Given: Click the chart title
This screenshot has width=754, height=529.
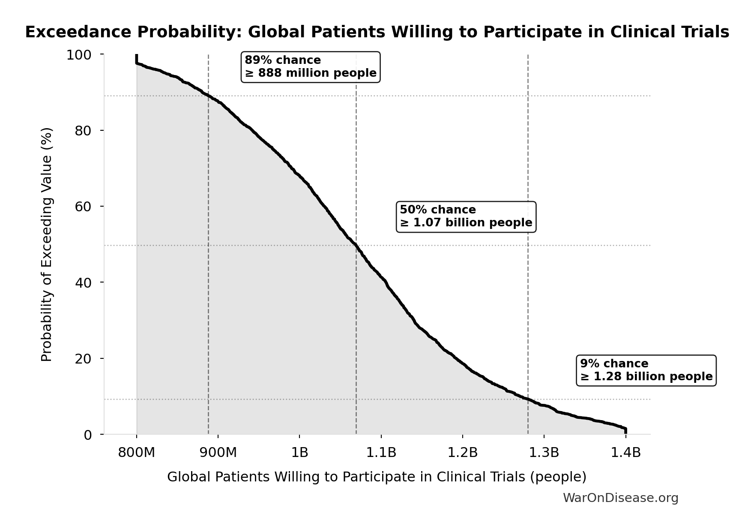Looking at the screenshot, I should pos(377,33).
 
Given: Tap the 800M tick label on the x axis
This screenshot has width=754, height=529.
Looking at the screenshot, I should pos(136,452).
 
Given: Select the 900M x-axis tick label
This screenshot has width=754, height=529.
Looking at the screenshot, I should pos(218,452).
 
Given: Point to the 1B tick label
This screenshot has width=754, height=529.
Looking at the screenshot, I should pos(299,452).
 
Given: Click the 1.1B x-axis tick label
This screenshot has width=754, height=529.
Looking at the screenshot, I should pos(381,452).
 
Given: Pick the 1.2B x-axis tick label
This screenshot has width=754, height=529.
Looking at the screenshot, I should pos(462,452).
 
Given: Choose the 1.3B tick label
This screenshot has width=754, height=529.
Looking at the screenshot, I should pos(544,452).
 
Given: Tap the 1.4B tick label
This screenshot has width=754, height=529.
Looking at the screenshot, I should pos(625,452).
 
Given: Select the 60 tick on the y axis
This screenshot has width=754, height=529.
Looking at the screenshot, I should pos(84,207).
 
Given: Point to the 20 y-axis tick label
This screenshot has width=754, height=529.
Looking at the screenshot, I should pos(84,358).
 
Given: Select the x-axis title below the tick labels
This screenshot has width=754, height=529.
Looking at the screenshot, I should pos(377,477).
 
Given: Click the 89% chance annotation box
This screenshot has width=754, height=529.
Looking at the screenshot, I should pos(311,67).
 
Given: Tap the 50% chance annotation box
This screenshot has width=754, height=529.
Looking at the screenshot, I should pos(466,216).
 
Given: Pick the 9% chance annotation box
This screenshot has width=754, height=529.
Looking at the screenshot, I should pos(646,370).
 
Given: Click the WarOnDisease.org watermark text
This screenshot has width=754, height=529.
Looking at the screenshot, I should pos(620,498).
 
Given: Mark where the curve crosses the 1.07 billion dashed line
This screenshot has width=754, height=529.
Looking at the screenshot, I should pos(356,246).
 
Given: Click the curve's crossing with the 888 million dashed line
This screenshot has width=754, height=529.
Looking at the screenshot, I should pos(208,96).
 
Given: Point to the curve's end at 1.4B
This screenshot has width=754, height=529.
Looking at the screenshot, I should pos(625,430).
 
